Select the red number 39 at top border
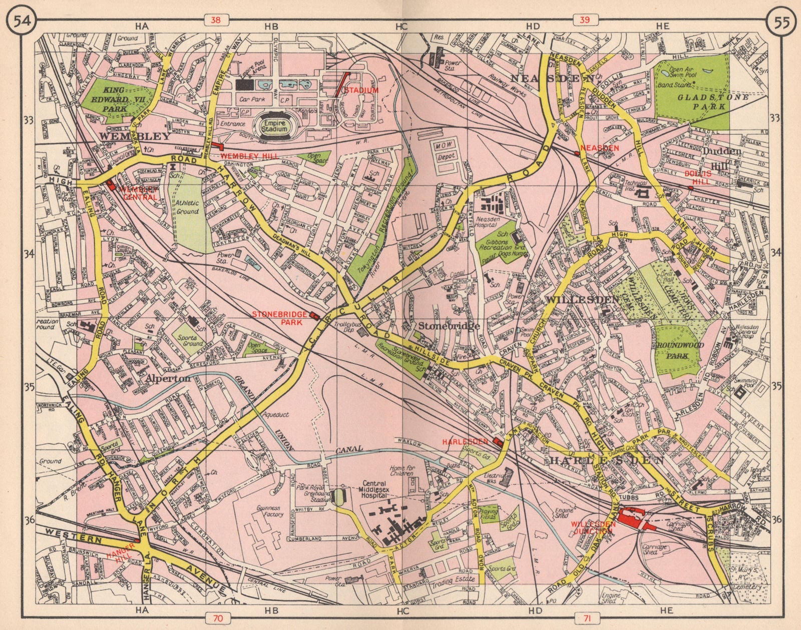click(580, 20)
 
